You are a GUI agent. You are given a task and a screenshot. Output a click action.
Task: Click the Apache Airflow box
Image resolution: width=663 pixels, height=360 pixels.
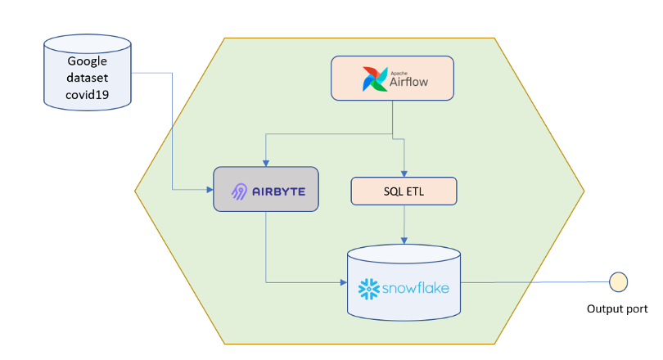point(392,79)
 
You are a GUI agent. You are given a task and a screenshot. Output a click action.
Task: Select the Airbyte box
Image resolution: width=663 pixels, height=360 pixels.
point(265,190)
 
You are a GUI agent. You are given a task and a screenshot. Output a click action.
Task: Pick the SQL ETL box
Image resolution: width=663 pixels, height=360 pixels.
point(404,191)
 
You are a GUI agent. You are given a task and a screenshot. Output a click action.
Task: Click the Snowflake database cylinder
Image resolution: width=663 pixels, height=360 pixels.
point(404,283)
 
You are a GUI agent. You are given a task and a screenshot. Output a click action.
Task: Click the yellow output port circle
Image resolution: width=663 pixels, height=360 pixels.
point(617,283)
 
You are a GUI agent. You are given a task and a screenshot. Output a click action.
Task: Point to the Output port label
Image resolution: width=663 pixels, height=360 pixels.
point(617,309)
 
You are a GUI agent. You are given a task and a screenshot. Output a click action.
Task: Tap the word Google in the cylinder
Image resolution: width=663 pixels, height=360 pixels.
point(87,61)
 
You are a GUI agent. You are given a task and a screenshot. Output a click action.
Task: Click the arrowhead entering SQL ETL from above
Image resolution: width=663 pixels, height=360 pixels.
point(404,173)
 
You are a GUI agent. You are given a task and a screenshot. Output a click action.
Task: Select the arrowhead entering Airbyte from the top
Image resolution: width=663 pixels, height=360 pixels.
point(264,163)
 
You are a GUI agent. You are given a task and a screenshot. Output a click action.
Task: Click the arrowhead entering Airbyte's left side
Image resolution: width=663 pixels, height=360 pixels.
point(209,190)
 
